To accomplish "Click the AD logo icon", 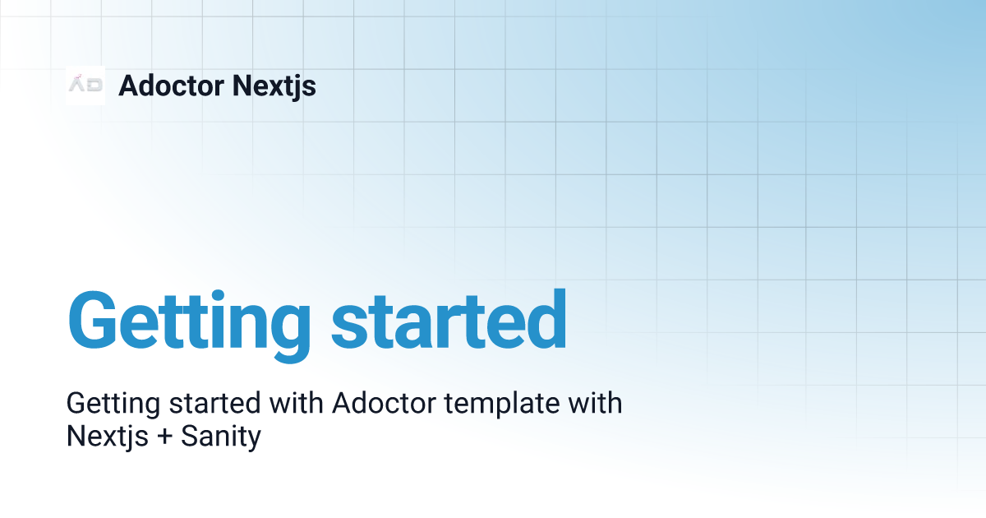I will (85, 85).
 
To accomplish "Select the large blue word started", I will (449, 319).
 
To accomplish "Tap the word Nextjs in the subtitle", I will (102, 436).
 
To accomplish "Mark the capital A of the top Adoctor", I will (128, 86).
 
